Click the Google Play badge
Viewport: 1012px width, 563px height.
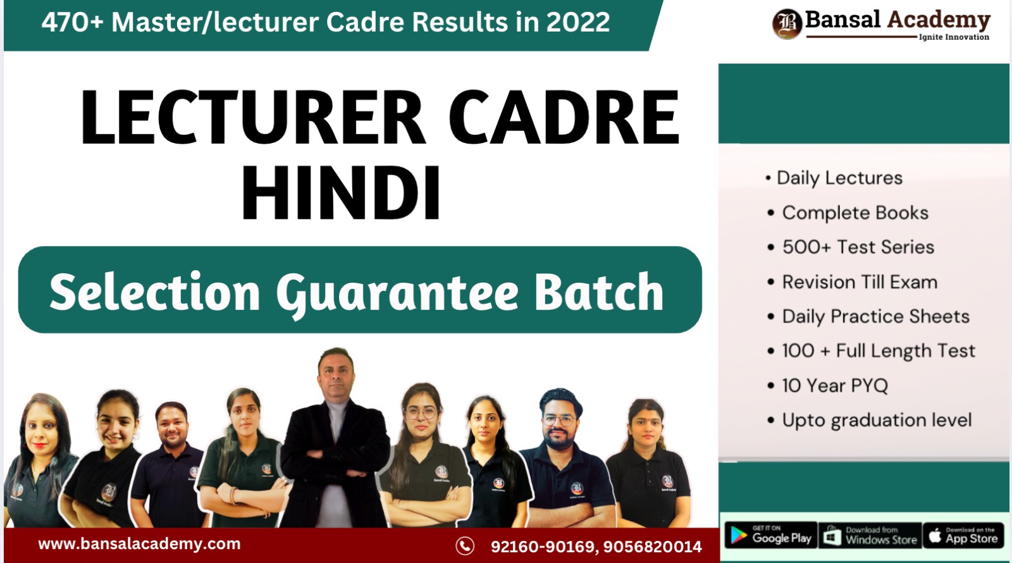pyautogui.click(x=770, y=536)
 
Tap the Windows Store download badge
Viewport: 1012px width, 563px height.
pyautogui.click(x=870, y=536)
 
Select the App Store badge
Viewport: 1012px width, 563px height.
pyautogui.click(x=963, y=536)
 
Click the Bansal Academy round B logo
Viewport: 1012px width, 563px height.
pyautogui.click(x=787, y=24)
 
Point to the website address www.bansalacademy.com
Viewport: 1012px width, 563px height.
pyautogui.click(x=139, y=544)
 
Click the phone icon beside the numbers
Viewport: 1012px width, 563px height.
pyautogui.click(x=465, y=545)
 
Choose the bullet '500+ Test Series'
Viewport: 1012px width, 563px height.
pyautogui.click(x=858, y=247)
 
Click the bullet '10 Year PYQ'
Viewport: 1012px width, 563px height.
pyautogui.click(x=834, y=385)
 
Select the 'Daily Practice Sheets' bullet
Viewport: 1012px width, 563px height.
pyautogui.click(x=875, y=316)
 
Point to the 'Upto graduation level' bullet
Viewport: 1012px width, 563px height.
pyautogui.click(x=877, y=420)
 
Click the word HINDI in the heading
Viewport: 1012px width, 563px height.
pyautogui.click(x=341, y=193)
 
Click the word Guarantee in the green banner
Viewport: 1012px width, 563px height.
pyautogui.click(x=397, y=293)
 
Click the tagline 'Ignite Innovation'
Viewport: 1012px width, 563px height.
pyautogui.click(x=954, y=37)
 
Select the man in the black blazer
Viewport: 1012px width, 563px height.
pyautogui.click(x=335, y=443)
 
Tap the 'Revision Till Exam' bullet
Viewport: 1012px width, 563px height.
pyautogui.click(x=860, y=281)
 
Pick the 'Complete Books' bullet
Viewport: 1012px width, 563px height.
pyautogui.click(x=855, y=213)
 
